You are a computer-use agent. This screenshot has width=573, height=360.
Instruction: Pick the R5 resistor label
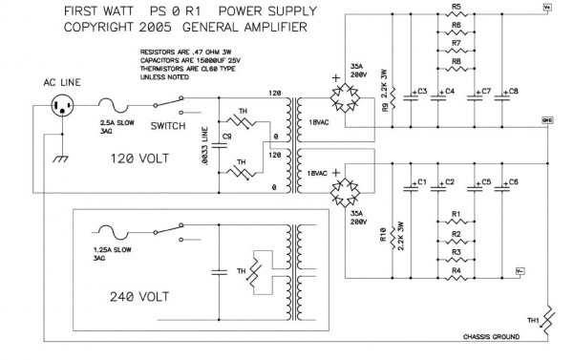(456, 8)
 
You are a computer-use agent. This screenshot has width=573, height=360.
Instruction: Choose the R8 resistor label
(456, 61)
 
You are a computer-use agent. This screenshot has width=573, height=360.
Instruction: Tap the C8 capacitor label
(514, 92)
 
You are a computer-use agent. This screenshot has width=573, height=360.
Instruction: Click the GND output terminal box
(546, 121)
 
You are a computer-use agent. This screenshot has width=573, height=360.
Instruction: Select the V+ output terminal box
(547, 7)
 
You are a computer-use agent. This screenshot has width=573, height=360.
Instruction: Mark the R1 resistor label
(456, 214)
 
